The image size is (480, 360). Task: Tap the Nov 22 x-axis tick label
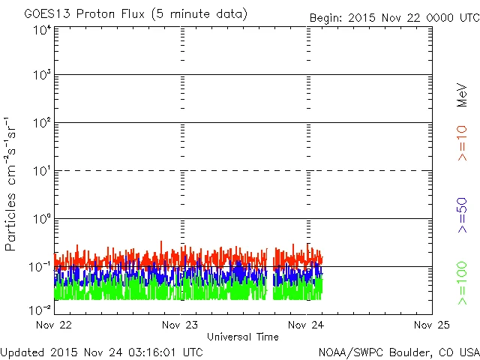pyautogui.click(x=58, y=325)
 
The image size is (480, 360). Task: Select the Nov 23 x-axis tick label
pyautogui.click(x=182, y=325)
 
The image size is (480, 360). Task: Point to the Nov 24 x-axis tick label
pyautogui.click(x=307, y=325)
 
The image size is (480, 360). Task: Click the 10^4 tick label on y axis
pyautogui.click(x=41, y=29)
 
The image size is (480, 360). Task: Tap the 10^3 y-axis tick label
pyautogui.click(x=41, y=76)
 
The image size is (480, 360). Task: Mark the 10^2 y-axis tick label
pyautogui.click(x=41, y=123)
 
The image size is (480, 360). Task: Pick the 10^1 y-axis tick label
pyautogui.click(x=41, y=171)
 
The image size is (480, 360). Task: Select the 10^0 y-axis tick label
pyautogui.click(x=41, y=219)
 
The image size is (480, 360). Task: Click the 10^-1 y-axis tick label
pyautogui.click(x=40, y=267)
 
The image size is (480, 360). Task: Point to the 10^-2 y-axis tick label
pyautogui.click(x=40, y=309)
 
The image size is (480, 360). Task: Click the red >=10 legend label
pyautogui.click(x=462, y=142)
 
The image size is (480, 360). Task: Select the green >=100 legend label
pyautogui.click(x=462, y=283)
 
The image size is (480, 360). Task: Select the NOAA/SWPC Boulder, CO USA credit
pyautogui.click(x=398, y=351)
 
